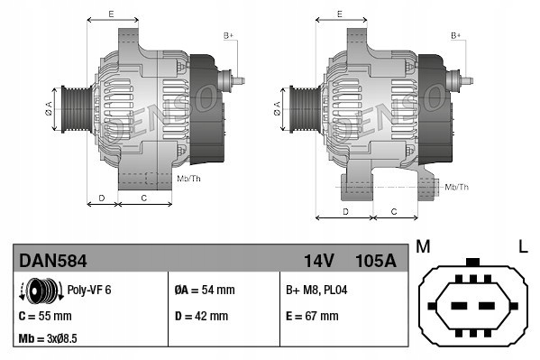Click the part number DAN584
(x=53, y=262)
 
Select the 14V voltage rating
(x=318, y=262)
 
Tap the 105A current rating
(x=375, y=262)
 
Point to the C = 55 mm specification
(x=47, y=317)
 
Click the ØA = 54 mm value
(x=204, y=291)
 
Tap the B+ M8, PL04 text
(x=316, y=291)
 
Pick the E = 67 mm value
(x=311, y=317)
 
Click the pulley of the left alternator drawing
(x=70, y=111)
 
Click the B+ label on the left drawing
(x=228, y=34)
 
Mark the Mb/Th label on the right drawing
(x=456, y=187)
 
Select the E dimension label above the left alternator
(x=111, y=14)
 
